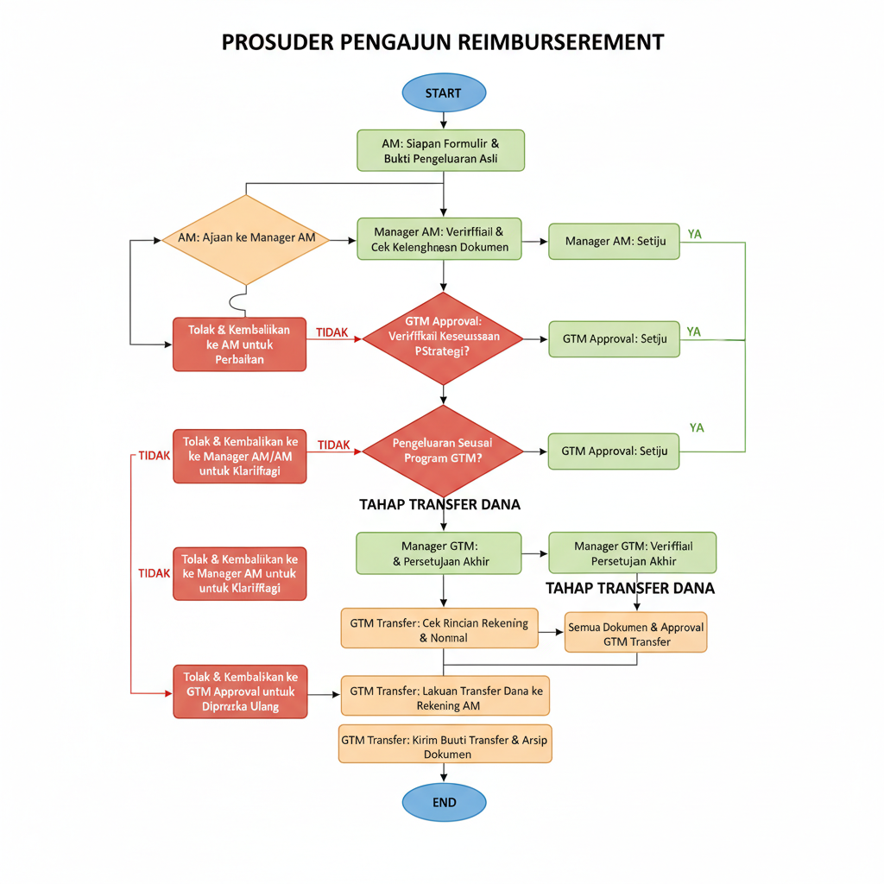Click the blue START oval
444,93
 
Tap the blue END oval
444,802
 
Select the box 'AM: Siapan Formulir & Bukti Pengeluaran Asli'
440,150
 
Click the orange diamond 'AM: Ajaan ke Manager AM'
246,239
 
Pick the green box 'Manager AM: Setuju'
614,241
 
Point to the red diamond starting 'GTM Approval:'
443,338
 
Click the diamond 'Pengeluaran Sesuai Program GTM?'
443,451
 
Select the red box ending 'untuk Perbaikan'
239,344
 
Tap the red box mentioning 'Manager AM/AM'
239,456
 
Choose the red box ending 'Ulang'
239,691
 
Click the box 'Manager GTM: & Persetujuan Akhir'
439,553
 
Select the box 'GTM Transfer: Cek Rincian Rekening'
439,630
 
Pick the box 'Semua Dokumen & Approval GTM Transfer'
635,634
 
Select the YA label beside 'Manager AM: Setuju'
694,233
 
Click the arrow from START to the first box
444,122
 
